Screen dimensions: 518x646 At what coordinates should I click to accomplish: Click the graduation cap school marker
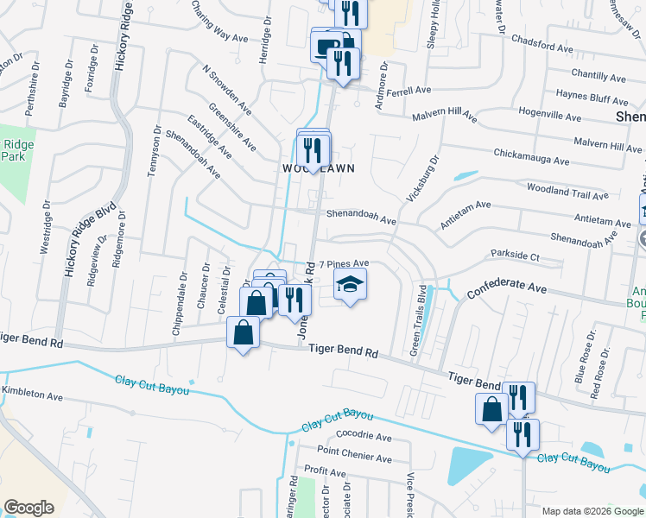tap(351, 285)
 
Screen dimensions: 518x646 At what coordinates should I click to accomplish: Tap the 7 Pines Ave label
tap(345, 263)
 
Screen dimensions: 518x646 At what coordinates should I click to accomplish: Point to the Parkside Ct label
tap(515, 256)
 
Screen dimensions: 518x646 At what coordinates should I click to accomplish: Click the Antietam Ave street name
tap(465, 215)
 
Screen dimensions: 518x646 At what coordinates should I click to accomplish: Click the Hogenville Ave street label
tap(557, 112)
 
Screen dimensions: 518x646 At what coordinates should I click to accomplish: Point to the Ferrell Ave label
tap(408, 90)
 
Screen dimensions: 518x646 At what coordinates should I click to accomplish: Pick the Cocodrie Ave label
tap(340, 434)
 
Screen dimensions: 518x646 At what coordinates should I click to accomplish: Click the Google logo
tap(28, 507)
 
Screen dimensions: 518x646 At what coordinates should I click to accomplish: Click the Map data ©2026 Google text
tap(592, 511)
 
